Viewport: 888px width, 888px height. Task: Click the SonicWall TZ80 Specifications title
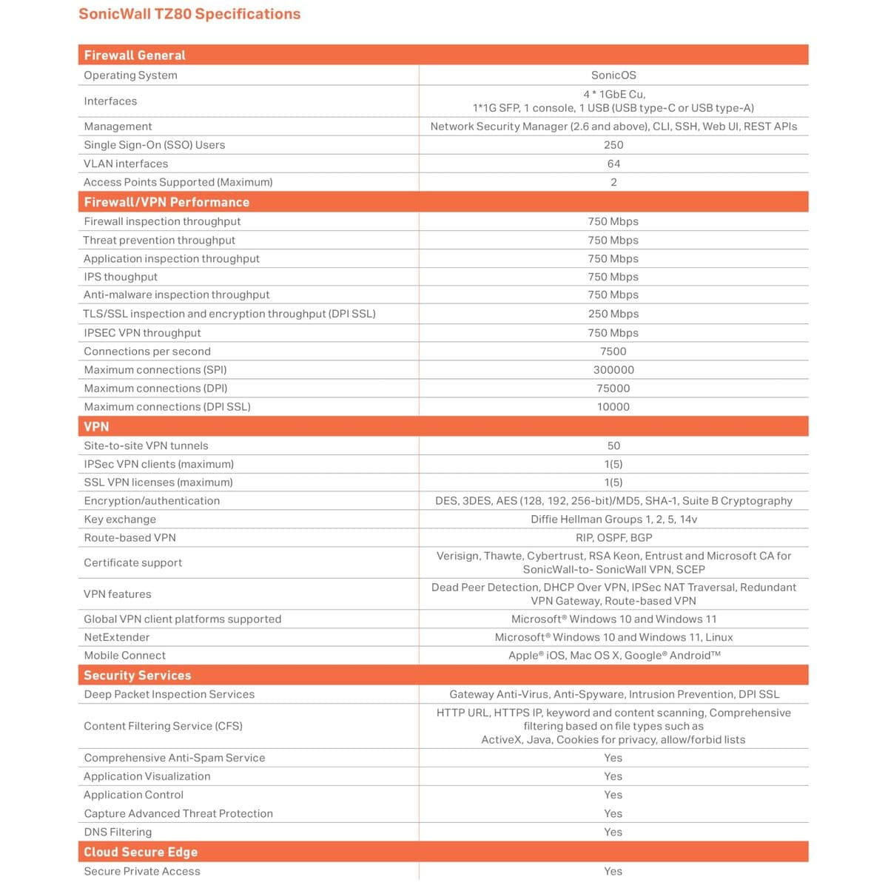189,14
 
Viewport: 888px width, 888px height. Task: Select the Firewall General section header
135,55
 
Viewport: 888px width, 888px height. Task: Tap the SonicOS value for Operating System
613,75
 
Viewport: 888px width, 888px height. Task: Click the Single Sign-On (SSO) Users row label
154,145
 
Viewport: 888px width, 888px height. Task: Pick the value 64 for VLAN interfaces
613,164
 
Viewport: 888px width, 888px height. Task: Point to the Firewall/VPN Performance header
166,202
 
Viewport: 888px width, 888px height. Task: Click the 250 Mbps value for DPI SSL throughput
613,314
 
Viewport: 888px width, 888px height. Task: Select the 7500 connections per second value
613,351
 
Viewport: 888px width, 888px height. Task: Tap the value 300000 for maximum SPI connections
613,370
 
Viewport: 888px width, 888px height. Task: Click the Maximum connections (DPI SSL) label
167,407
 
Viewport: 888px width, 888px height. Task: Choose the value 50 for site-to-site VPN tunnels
613,446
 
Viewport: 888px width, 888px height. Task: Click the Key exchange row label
120,519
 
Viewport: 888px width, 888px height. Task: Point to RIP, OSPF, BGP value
613,538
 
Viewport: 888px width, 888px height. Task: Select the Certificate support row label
132,563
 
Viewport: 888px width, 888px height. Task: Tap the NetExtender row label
116,637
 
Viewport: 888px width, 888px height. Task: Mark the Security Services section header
137,676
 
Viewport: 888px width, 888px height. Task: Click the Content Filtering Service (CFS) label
163,726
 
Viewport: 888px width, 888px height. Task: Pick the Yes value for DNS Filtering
613,832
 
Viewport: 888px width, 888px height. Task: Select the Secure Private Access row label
142,871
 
